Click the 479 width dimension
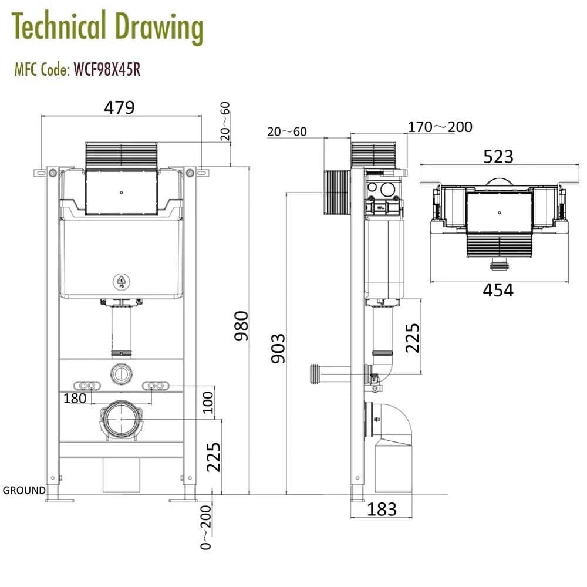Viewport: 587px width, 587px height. [120, 107]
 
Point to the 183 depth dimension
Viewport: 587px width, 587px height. [382, 509]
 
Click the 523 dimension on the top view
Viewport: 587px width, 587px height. [498, 157]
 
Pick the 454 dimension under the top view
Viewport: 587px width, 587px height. [498, 290]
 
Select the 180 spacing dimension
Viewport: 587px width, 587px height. [75, 398]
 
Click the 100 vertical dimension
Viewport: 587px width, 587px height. [208, 403]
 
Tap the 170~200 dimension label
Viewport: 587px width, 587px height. [440, 127]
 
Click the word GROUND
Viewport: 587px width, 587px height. [24, 490]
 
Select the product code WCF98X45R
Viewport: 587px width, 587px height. [106, 70]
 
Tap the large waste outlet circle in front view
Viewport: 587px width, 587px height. [122, 419]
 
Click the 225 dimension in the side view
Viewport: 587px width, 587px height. [412, 337]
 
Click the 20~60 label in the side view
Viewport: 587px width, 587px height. [287, 131]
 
